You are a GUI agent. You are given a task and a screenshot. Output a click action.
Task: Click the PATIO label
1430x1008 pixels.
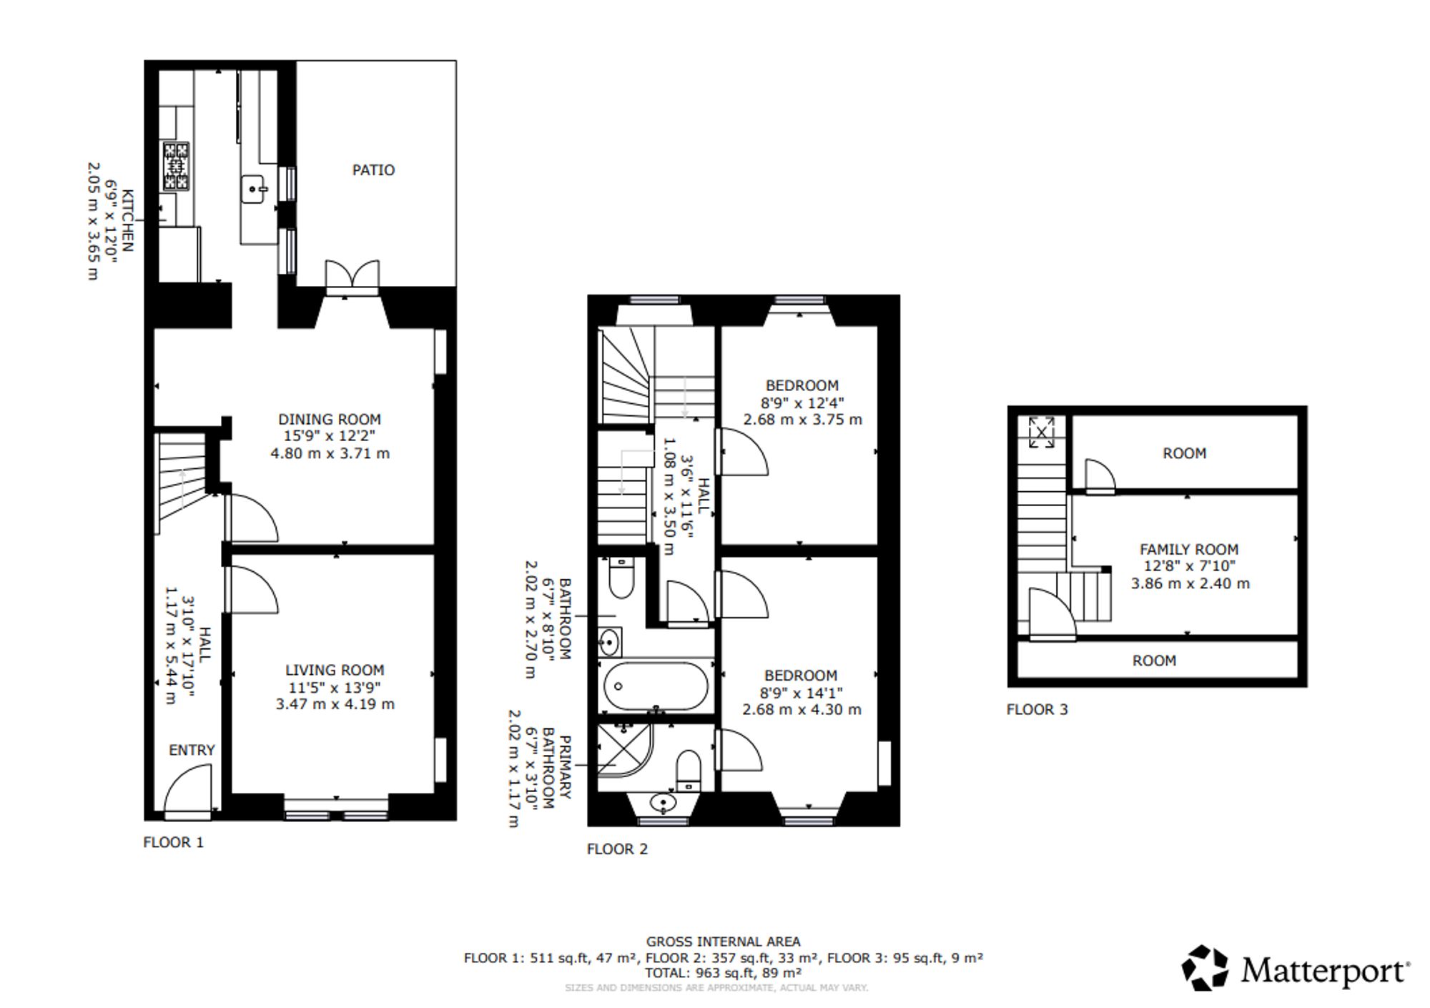coord(373,170)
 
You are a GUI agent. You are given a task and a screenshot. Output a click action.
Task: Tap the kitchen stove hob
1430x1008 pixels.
coord(176,167)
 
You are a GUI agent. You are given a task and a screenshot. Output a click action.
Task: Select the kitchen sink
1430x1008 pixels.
coord(254,189)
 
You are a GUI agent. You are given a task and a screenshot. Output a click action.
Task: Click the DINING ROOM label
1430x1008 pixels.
coord(330,420)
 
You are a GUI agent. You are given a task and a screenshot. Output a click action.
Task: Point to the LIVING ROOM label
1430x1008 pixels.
coord(335,671)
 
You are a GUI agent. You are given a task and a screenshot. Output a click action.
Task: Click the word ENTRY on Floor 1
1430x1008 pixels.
coord(192,750)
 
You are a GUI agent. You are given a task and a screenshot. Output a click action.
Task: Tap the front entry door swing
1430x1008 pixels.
coord(188,789)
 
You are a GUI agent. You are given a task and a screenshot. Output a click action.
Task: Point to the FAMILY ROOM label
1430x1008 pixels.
coord(1189,550)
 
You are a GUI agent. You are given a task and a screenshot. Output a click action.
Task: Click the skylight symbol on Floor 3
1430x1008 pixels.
coord(1042,432)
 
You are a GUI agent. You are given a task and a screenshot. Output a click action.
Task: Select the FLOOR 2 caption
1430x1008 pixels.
coord(617,849)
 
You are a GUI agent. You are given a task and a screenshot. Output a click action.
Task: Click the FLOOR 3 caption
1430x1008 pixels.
coord(1037,710)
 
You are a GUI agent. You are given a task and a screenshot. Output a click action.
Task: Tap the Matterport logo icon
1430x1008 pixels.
coord(1205,969)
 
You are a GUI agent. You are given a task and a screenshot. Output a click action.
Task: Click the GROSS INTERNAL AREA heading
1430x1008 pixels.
coord(724,942)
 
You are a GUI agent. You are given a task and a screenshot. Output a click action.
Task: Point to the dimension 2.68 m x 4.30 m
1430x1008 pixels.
coord(802,710)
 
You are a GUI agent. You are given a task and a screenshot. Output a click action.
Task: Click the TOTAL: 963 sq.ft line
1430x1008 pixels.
coord(723,973)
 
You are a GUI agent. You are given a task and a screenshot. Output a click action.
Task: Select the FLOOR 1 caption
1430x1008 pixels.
coord(173,843)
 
